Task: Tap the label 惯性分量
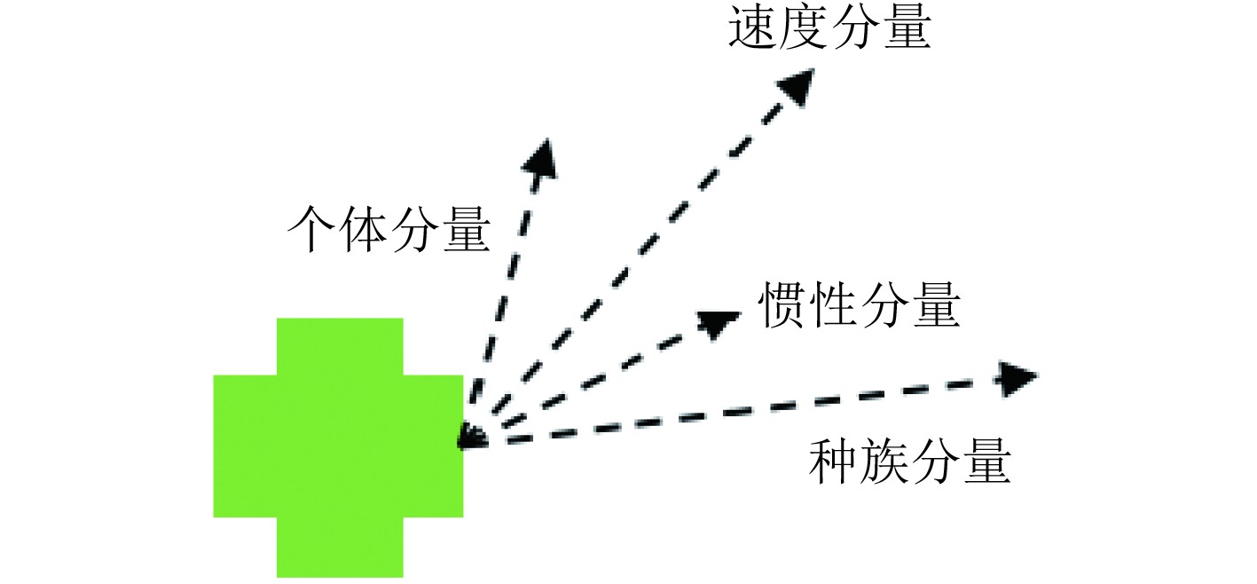(x=859, y=306)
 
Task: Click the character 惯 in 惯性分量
(x=782, y=306)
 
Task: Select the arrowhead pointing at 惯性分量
(x=719, y=322)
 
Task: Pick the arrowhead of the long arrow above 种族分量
(x=1017, y=378)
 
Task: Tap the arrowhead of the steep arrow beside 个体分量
(x=540, y=157)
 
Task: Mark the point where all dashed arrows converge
(x=468, y=438)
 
